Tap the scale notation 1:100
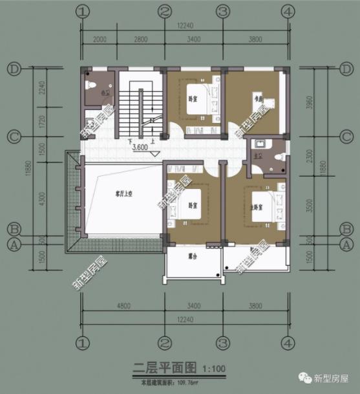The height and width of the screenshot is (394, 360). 213,371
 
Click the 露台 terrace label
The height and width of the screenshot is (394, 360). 192,256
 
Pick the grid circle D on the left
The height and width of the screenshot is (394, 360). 13,68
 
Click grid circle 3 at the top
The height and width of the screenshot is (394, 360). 222,12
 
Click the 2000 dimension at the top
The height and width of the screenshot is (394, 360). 98,39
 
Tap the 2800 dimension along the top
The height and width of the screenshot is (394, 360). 141,39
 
